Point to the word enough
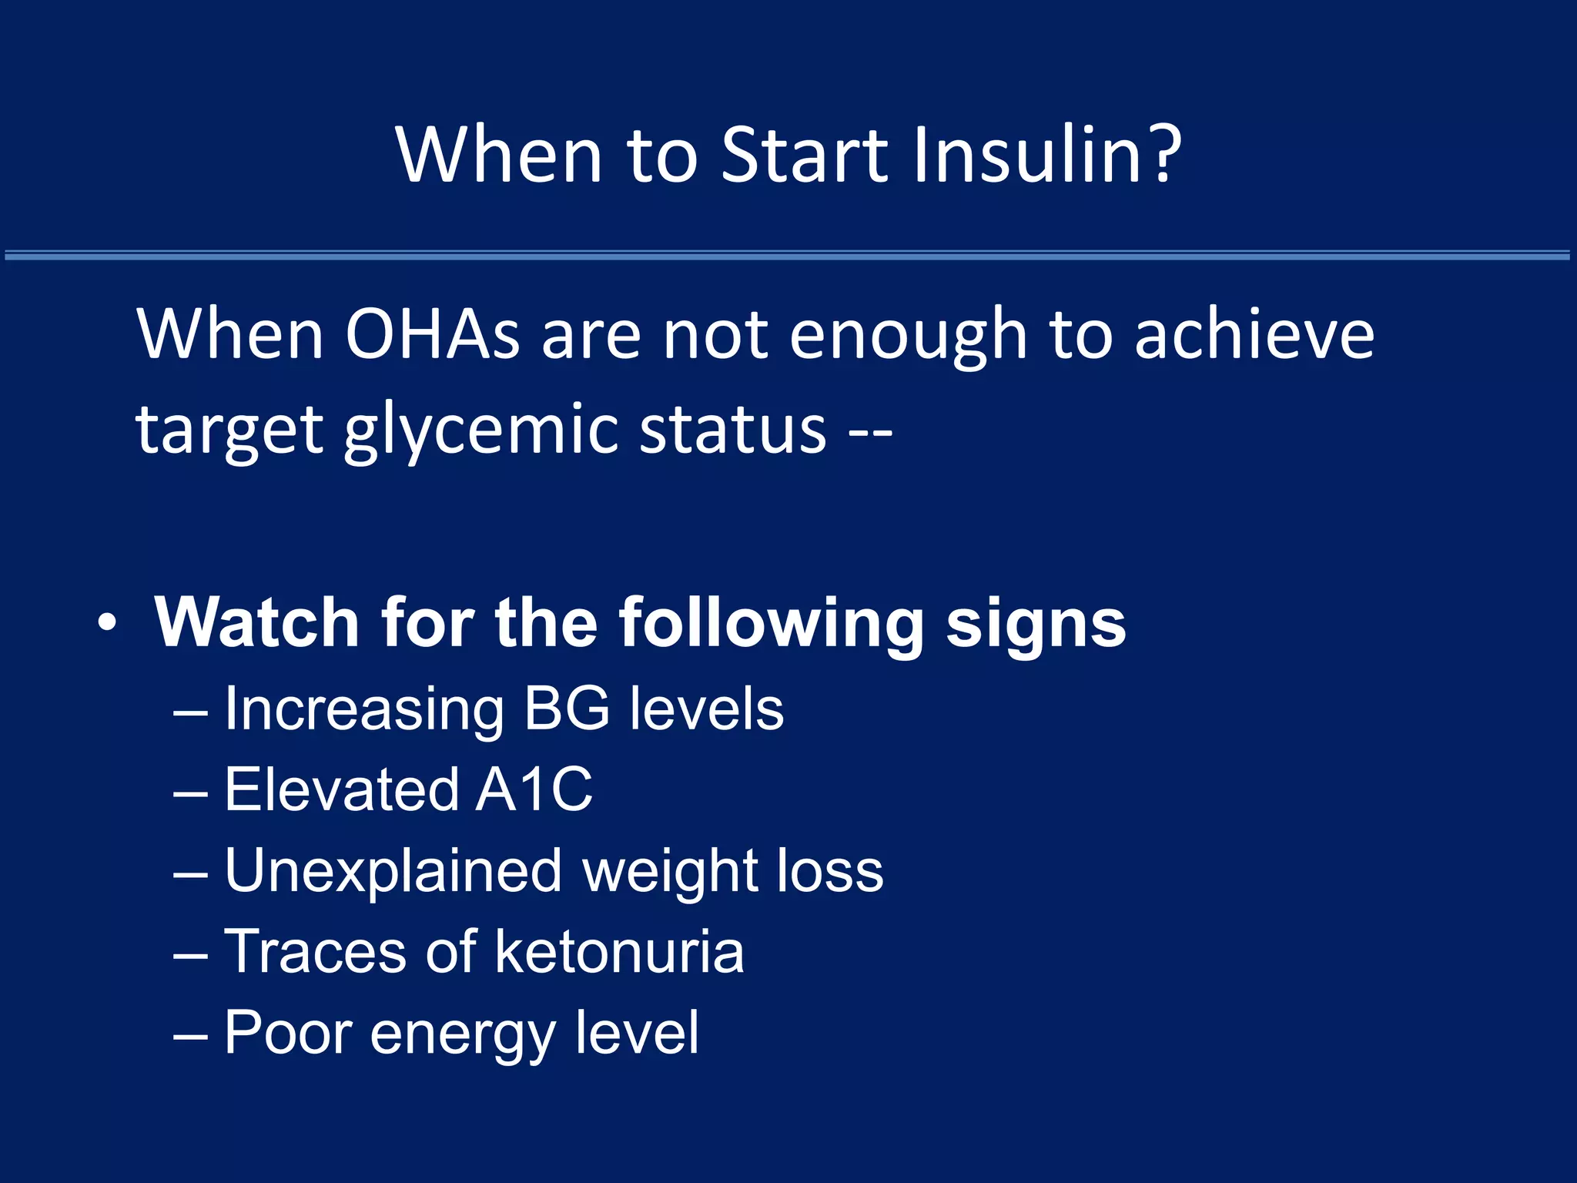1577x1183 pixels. (909, 336)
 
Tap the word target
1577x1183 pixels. (229, 431)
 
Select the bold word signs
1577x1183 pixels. (1036, 624)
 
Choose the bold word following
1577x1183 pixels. (770, 624)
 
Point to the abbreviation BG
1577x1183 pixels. (567, 709)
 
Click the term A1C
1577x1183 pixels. (534, 789)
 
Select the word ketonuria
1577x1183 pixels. (619, 952)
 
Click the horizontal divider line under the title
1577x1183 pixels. (788, 255)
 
